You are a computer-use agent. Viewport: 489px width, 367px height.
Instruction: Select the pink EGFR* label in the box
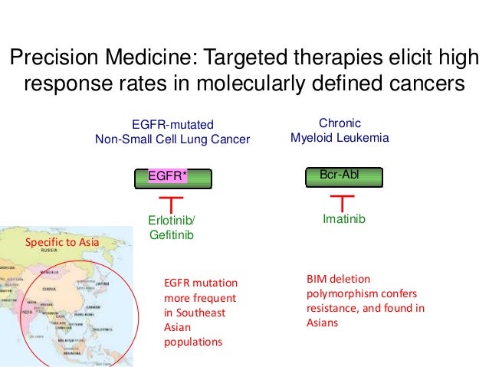pyautogui.click(x=168, y=177)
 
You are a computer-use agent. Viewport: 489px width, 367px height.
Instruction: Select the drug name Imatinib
pyautogui.click(x=344, y=220)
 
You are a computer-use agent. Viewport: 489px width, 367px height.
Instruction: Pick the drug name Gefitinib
pyautogui.click(x=170, y=235)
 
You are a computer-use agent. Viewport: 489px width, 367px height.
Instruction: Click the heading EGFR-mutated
pyautogui.click(x=172, y=125)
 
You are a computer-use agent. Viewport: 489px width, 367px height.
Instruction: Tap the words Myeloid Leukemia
pyautogui.click(x=340, y=138)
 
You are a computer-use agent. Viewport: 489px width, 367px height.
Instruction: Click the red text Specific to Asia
pyautogui.click(x=62, y=243)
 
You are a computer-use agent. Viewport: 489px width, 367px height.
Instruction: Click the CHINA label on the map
pyautogui.click(x=50, y=290)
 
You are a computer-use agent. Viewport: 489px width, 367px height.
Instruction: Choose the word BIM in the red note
pyautogui.click(x=316, y=280)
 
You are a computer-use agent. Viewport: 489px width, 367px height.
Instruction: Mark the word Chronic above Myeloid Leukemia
pyautogui.click(x=340, y=123)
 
